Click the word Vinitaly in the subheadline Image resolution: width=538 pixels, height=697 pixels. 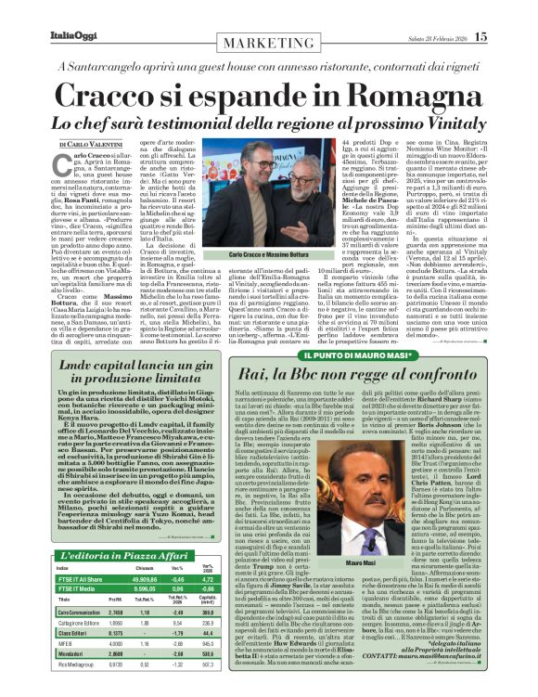tap(442, 123)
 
